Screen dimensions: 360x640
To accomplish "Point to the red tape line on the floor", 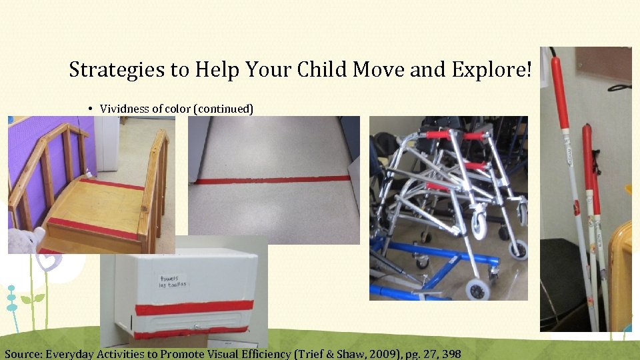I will [273, 179].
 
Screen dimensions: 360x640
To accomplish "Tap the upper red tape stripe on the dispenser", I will [193, 307].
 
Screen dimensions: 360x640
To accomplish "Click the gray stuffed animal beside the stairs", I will [23, 241].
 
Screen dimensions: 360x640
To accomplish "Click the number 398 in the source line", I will [451, 353].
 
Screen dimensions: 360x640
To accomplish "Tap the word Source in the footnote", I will [23, 353].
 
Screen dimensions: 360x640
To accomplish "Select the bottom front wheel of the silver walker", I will [478, 289].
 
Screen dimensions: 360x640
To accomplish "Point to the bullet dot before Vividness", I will [89, 108].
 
